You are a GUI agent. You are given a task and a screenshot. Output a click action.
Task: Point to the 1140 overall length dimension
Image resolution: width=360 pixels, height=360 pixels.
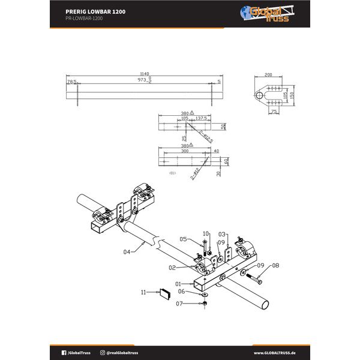(143, 74)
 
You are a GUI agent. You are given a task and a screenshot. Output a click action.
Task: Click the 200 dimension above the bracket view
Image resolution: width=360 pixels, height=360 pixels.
(268, 76)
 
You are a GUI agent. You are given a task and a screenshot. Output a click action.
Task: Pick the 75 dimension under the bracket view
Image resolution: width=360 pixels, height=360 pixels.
(274, 112)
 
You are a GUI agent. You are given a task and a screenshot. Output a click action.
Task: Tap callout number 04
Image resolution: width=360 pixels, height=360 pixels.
(127, 252)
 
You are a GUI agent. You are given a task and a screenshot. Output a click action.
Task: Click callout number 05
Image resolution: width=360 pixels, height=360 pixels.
(184, 238)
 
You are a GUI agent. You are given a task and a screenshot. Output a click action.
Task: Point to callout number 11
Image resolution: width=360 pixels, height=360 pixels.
(143, 292)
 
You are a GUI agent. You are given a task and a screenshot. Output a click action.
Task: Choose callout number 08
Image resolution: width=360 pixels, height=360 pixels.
(276, 265)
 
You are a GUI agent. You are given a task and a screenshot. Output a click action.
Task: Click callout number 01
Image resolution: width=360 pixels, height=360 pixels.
(178, 283)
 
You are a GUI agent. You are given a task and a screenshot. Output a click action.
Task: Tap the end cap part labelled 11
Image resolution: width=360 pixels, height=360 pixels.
(164, 293)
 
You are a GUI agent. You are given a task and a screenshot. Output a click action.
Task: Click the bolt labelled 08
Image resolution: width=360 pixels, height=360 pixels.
(255, 278)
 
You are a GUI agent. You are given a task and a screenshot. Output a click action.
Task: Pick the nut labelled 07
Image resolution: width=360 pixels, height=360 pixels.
(205, 304)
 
